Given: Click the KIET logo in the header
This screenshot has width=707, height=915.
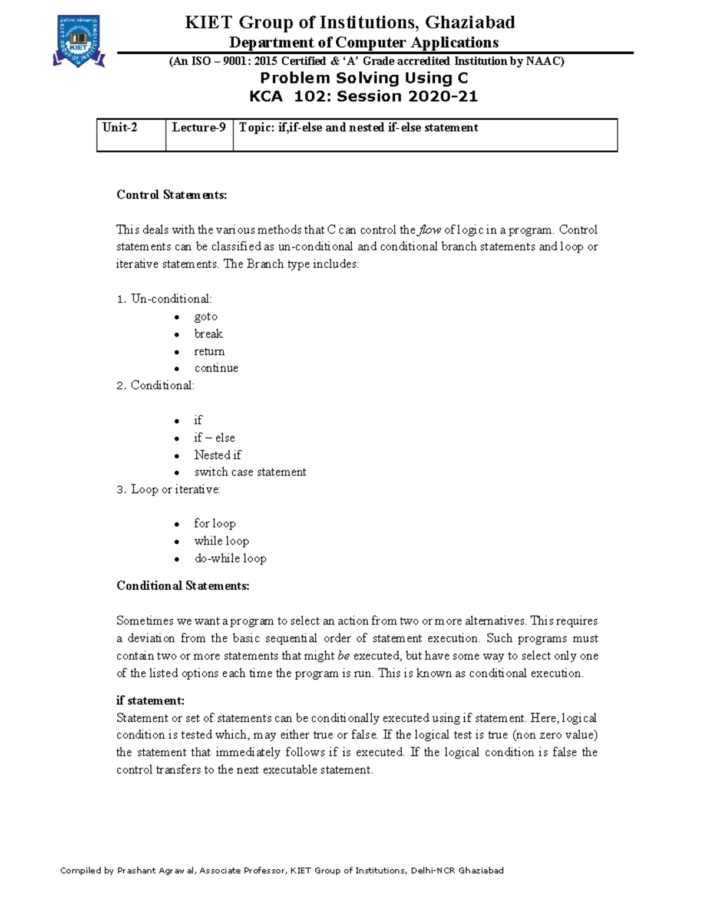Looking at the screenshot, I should (x=79, y=41).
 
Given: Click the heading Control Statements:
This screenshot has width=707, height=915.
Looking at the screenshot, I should (x=171, y=195).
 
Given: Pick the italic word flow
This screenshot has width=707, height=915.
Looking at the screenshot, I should (x=430, y=230).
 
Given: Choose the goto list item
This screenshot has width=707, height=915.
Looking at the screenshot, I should (x=206, y=317).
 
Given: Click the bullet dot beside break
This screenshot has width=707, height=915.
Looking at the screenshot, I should (x=176, y=335).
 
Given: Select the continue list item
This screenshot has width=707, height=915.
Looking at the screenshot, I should (x=216, y=368).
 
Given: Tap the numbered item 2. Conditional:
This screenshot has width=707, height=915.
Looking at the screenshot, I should (x=156, y=385).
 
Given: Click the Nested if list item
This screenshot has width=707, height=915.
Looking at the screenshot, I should (x=217, y=455).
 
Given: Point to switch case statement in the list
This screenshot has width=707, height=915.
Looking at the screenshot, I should (x=250, y=472).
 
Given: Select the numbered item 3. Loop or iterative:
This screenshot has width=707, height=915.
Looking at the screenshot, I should (x=169, y=490).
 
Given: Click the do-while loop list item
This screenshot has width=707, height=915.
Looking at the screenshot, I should (x=230, y=559).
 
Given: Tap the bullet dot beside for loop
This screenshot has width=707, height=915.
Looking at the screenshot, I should (x=176, y=524).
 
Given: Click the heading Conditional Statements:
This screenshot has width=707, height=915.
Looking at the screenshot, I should (x=183, y=586).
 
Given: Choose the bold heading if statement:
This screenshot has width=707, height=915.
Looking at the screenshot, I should (x=150, y=701).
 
